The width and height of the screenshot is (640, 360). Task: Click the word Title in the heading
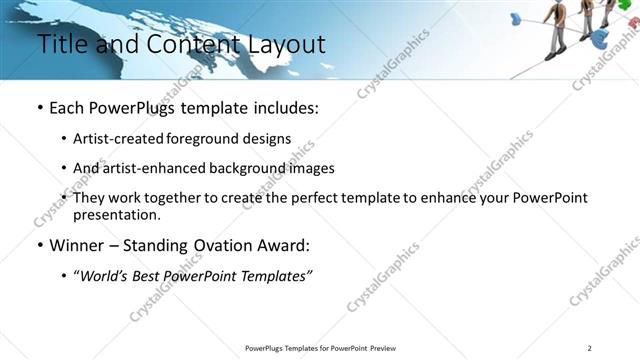point(61,45)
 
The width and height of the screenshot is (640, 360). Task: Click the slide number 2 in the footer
point(590,348)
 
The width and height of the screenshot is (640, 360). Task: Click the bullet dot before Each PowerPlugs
point(39,108)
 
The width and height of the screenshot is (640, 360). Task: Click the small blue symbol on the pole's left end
point(516,18)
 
